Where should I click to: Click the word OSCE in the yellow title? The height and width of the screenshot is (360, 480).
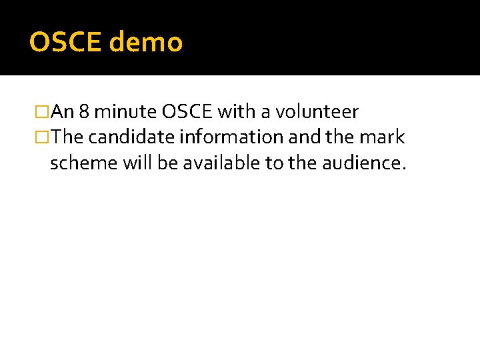(65, 43)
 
